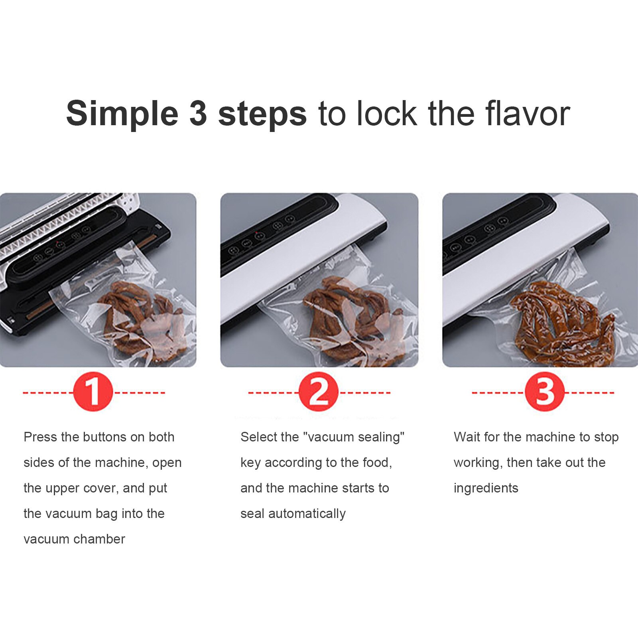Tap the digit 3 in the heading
coord(198,114)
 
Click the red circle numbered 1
coord(93,392)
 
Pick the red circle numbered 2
coord(318,392)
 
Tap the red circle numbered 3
coord(544,392)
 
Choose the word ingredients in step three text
coord(486,488)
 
